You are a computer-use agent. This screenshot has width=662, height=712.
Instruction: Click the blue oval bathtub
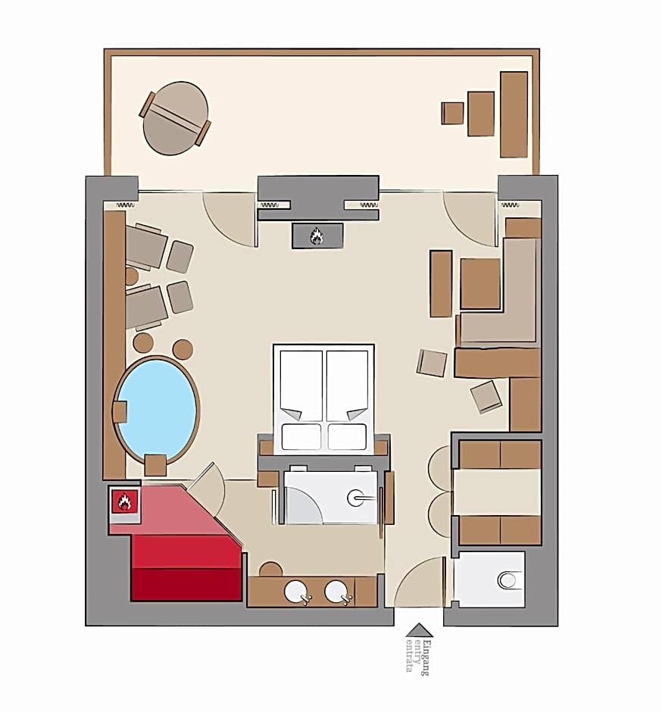pyautogui.click(x=157, y=410)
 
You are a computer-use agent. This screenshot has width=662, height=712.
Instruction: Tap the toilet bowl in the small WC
pyautogui.click(x=507, y=580)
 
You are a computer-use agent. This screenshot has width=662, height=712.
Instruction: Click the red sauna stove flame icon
pyautogui.click(x=124, y=501)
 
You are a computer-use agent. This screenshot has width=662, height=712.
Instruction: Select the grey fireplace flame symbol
pyautogui.click(x=317, y=236)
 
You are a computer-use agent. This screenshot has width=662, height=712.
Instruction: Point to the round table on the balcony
pyautogui.click(x=175, y=118)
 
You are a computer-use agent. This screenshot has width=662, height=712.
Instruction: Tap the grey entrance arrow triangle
pyautogui.click(x=419, y=629)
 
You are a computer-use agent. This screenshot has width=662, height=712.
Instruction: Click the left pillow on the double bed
pyautogui.click(x=301, y=437)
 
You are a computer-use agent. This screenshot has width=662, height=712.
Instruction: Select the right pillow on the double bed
pyautogui.click(x=348, y=437)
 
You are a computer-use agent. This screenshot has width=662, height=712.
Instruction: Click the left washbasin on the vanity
pyautogui.click(x=296, y=592)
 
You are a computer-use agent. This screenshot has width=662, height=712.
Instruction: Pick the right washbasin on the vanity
pyautogui.click(x=337, y=592)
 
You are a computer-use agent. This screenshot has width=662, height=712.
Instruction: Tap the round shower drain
pyautogui.click(x=355, y=498)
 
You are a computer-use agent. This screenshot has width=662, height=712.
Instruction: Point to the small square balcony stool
pyautogui.click(x=453, y=113)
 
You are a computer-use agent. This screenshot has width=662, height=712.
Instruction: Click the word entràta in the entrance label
pyautogui.click(x=409, y=655)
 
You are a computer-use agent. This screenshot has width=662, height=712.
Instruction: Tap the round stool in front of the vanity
pyautogui.click(x=270, y=570)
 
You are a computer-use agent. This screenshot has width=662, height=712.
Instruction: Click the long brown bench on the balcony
pyautogui.click(x=514, y=114)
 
